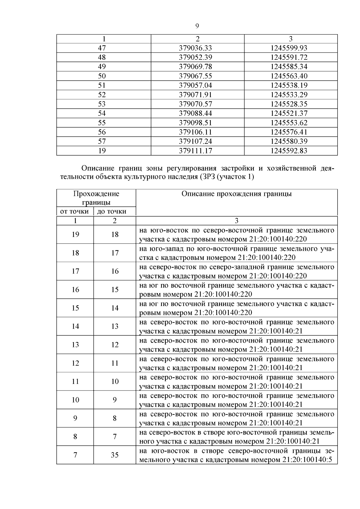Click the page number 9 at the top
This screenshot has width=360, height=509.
point(197,26)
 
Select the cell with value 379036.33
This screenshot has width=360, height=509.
point(195,48)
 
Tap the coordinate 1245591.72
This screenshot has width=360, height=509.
point(289,57)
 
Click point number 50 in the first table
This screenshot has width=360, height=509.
point(102,76)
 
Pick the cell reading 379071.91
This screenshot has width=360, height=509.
point(195,95)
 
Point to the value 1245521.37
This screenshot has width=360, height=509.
point(289,113)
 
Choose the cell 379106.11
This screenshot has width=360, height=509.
point(195,132)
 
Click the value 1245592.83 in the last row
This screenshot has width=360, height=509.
point(289,151)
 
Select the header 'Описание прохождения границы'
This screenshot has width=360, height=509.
point(236,194)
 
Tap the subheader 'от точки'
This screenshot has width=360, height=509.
point(75,211)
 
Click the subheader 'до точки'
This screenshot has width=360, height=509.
point(112,211)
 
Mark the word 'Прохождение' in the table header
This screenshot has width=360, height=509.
point(96,194)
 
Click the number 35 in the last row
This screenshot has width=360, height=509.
point(115,455)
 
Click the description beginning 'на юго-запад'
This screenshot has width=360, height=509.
point(236,253)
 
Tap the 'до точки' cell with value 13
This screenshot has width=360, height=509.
point(115,326)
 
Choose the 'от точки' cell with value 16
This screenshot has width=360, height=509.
point(75,290)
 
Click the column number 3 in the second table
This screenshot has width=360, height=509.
point(236,221)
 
